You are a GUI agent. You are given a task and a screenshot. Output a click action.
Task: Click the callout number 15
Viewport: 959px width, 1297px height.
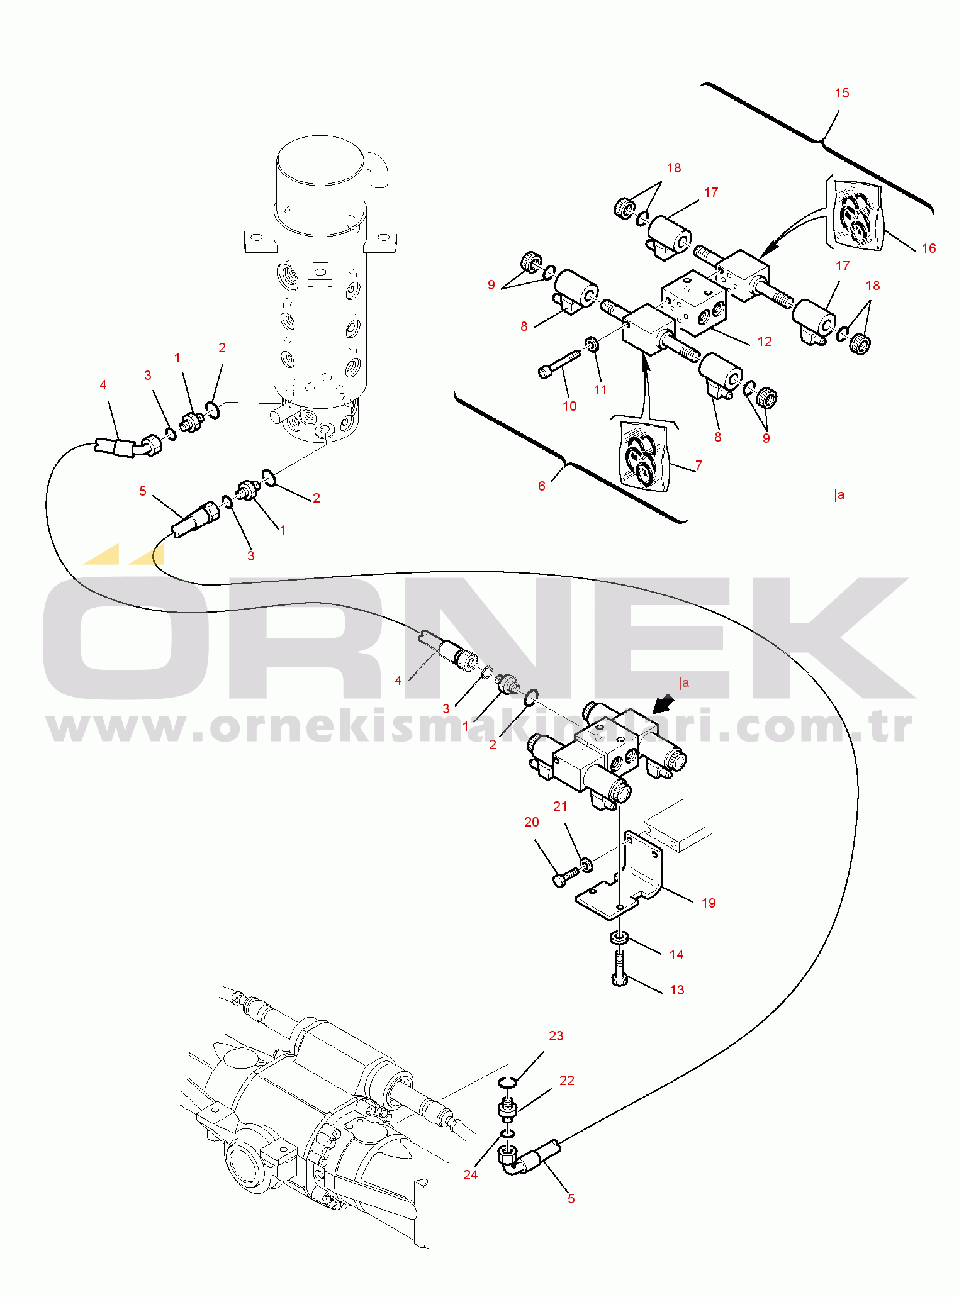(841, 93)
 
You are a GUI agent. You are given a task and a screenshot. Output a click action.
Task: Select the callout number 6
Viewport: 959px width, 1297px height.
(541, 486)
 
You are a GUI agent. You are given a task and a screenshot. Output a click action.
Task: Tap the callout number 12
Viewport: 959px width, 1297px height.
(764, 342)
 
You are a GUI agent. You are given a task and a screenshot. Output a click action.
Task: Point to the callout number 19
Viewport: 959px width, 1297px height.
(709, 903)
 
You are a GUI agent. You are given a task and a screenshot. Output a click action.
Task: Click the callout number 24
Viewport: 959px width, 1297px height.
(470, 1175)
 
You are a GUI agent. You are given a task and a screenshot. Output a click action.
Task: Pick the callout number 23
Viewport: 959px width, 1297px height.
(556, 1036)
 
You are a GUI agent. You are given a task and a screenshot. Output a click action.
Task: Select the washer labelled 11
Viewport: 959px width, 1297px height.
(592, 343)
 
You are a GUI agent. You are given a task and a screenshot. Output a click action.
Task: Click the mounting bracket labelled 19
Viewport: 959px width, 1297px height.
(620, 874)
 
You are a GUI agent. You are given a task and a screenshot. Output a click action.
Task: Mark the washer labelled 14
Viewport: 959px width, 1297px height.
(620, 938)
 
